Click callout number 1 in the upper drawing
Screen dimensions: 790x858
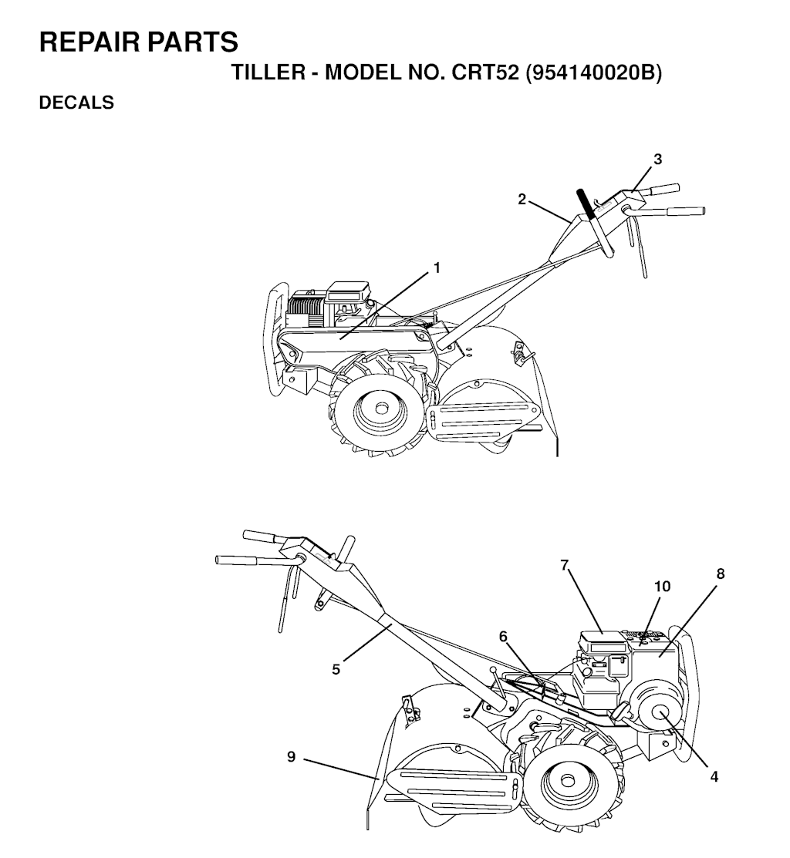point(437,268)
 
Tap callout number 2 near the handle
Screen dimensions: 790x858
point(522,200)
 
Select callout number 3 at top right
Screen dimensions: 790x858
point(657,160)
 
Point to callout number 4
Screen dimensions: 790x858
point(714,776)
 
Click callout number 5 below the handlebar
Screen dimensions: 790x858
point(336,669)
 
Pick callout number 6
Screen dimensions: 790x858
point(503,637)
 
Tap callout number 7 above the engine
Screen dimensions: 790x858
point(565,565)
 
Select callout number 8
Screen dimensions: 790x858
point(721,574)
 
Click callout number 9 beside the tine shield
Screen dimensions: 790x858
point(292,757)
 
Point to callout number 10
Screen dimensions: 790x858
point(663,587)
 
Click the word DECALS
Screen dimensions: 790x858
point(76,103)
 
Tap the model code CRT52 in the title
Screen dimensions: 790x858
point(484,72)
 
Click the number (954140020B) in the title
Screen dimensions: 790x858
point(593,72)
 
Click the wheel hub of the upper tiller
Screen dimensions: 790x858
point(381,409)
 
